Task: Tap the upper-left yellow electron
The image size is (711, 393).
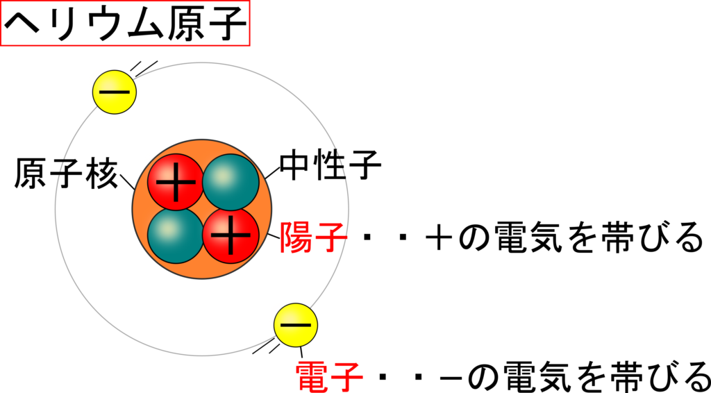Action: [115, 92]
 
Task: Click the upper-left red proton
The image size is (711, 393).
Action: [176, 182]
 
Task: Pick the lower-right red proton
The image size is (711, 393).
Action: [231, 235]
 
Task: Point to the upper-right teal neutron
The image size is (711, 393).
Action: [231, 182]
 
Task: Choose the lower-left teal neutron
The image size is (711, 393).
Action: [176, 235]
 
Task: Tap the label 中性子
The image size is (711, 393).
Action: [330, 167]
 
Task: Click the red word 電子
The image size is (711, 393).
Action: [329, 376]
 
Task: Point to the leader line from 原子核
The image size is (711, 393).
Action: [127, 182]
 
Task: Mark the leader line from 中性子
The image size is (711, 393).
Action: [271, 172]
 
